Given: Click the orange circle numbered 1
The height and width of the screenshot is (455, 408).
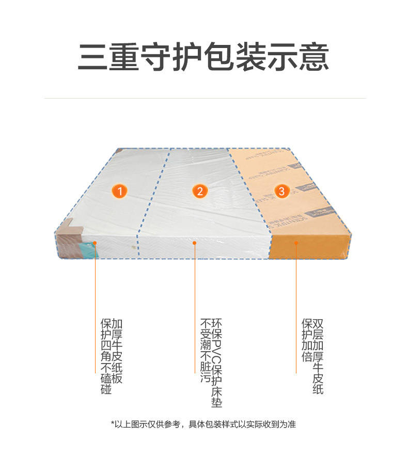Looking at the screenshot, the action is (120, 191).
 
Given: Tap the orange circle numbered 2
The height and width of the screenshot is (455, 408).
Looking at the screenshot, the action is (200, 191).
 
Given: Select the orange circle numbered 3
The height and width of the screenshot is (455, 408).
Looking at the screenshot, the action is (281, 191).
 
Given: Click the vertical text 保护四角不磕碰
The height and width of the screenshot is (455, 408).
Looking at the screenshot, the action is (106, 356).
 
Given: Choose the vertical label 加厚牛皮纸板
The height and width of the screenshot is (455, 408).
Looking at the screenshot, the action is (117, 351).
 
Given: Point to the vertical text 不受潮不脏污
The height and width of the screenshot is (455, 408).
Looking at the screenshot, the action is (206, 351).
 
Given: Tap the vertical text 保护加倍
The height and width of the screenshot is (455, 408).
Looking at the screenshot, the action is (307, 340).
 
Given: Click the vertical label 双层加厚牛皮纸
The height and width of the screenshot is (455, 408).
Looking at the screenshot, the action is (318, 356).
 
